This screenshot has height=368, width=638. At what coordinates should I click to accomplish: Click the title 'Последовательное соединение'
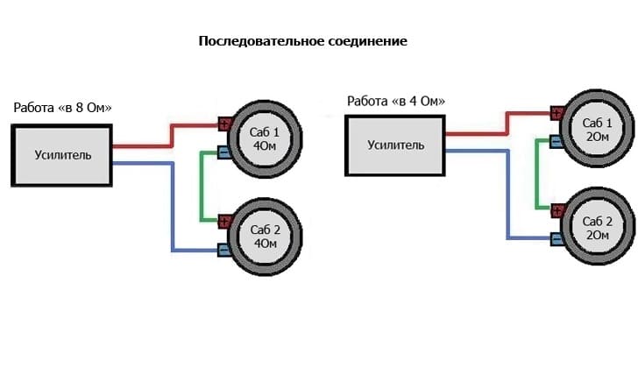point(302,41)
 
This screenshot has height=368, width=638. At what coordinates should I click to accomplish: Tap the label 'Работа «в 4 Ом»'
point(396,101)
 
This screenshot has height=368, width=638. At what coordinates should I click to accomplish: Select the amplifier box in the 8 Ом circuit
point(61,155)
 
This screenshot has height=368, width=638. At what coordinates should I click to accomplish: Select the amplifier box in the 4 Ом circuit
point(395,145)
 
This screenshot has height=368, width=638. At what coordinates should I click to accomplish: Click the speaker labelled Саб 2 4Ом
point(264,236)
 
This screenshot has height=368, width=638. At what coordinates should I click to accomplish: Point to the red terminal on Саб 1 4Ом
point(224,124)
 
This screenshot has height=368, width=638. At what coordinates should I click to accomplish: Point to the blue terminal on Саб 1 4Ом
point(224,153)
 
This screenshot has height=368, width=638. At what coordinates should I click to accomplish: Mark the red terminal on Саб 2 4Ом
point(224,220)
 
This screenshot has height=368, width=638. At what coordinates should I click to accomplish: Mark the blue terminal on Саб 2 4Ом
point(224,251)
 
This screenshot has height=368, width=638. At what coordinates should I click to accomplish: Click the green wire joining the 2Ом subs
point(535,175)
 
